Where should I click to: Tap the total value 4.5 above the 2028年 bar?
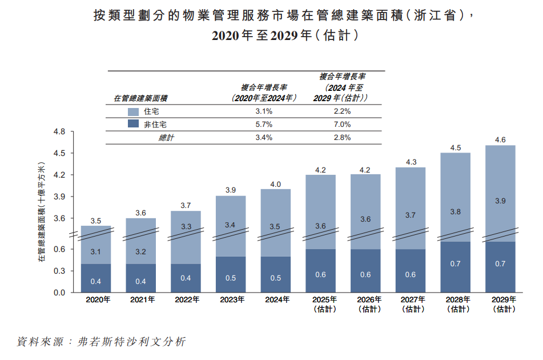(455, 147)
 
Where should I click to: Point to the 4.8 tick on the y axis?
(59, 132)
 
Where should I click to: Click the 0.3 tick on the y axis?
(59, 271)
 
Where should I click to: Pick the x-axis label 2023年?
(231, 299)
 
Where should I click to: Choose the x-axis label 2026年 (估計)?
(365, 304)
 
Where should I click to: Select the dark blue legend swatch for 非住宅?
(134, 124)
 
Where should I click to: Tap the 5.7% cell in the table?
(264, 124)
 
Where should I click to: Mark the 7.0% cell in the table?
(342, 124)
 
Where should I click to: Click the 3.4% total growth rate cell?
(264, 138)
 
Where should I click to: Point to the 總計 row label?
(166, 138)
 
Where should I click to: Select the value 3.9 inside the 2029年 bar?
(500, 201)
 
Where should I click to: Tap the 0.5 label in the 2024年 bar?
(276, 278)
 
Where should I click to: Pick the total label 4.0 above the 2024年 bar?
(276, 184)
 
